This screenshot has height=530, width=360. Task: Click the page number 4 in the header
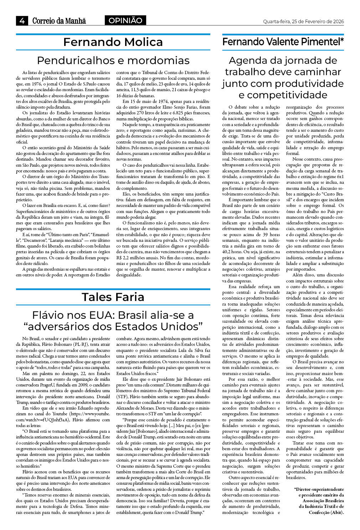click(x=22, y=21)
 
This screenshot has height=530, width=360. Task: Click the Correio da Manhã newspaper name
click(x=59, y=21)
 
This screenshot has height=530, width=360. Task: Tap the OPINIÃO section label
click(x=125, y=21)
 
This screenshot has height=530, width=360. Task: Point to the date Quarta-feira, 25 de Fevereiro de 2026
click(x=303, y=22)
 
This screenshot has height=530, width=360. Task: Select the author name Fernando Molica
click(x=113, y=42)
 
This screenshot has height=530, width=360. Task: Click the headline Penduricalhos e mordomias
click(x=113, y=60)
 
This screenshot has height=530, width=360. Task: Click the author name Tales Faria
click(x=113, y=297)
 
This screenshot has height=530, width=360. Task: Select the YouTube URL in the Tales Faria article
click(x=63, y=417)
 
